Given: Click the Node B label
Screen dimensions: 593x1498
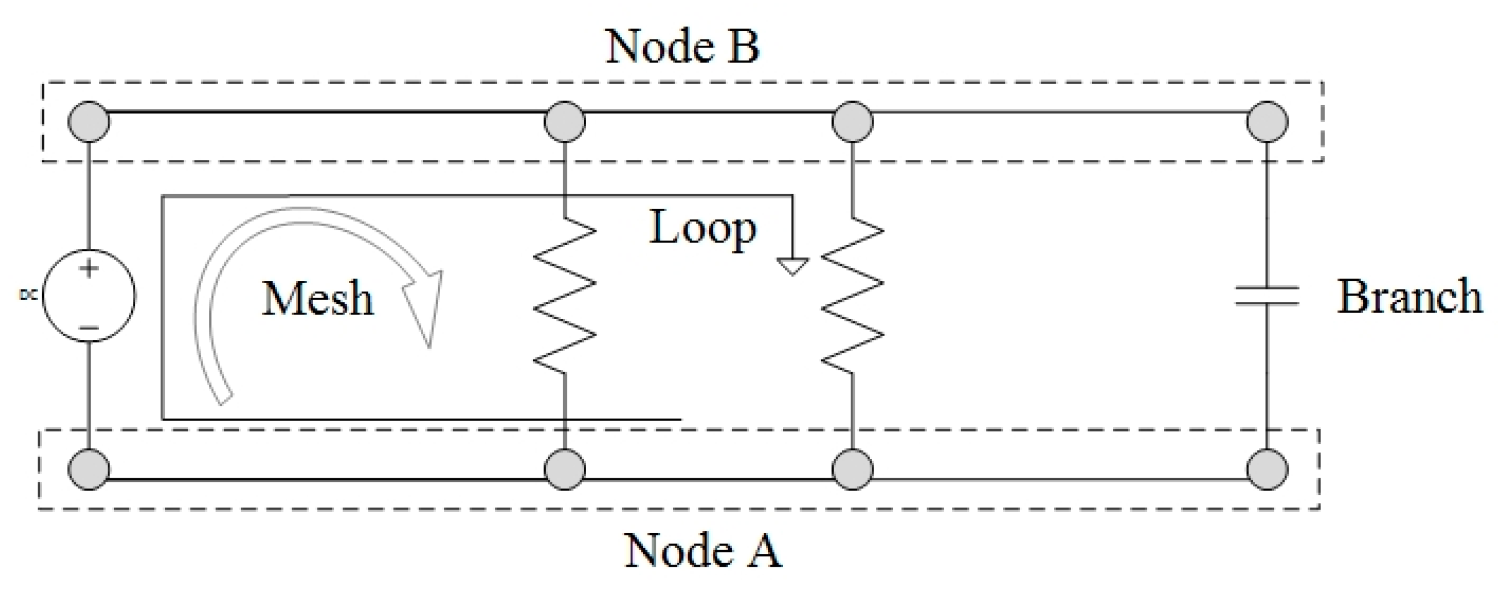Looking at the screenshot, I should coord(682,47).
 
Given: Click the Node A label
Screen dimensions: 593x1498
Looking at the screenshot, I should coord(703,550).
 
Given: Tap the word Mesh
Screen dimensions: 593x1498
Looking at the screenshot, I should coord(318,298).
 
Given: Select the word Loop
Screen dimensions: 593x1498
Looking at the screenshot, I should coord(702,228).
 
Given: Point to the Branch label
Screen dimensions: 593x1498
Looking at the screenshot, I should coord(1409,297).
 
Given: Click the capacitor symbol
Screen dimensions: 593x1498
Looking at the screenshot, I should coord(1266,296).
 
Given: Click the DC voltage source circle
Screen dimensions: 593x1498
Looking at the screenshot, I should coord(89,296).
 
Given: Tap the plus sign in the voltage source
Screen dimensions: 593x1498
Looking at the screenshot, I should coord(89,269).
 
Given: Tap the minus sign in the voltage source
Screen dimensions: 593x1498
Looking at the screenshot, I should coord(89,328).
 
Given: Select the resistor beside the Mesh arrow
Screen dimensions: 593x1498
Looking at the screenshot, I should coord(565,296).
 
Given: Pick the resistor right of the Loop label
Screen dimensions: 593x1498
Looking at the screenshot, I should coord(852,296).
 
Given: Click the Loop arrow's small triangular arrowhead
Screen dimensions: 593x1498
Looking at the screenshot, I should coord(792,266).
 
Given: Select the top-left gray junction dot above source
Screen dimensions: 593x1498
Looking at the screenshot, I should coord(89,122).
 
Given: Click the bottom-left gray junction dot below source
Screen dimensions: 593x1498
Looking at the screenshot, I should coord(89,469).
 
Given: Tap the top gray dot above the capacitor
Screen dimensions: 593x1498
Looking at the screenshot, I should coord(1268,122).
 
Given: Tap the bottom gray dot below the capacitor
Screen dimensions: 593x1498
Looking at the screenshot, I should coord(1268,469).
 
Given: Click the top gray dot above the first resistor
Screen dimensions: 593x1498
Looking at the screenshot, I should coord(565,122).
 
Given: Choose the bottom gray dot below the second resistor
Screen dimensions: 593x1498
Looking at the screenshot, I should coord(852,469).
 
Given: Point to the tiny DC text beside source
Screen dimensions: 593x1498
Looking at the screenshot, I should coord(28,296).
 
